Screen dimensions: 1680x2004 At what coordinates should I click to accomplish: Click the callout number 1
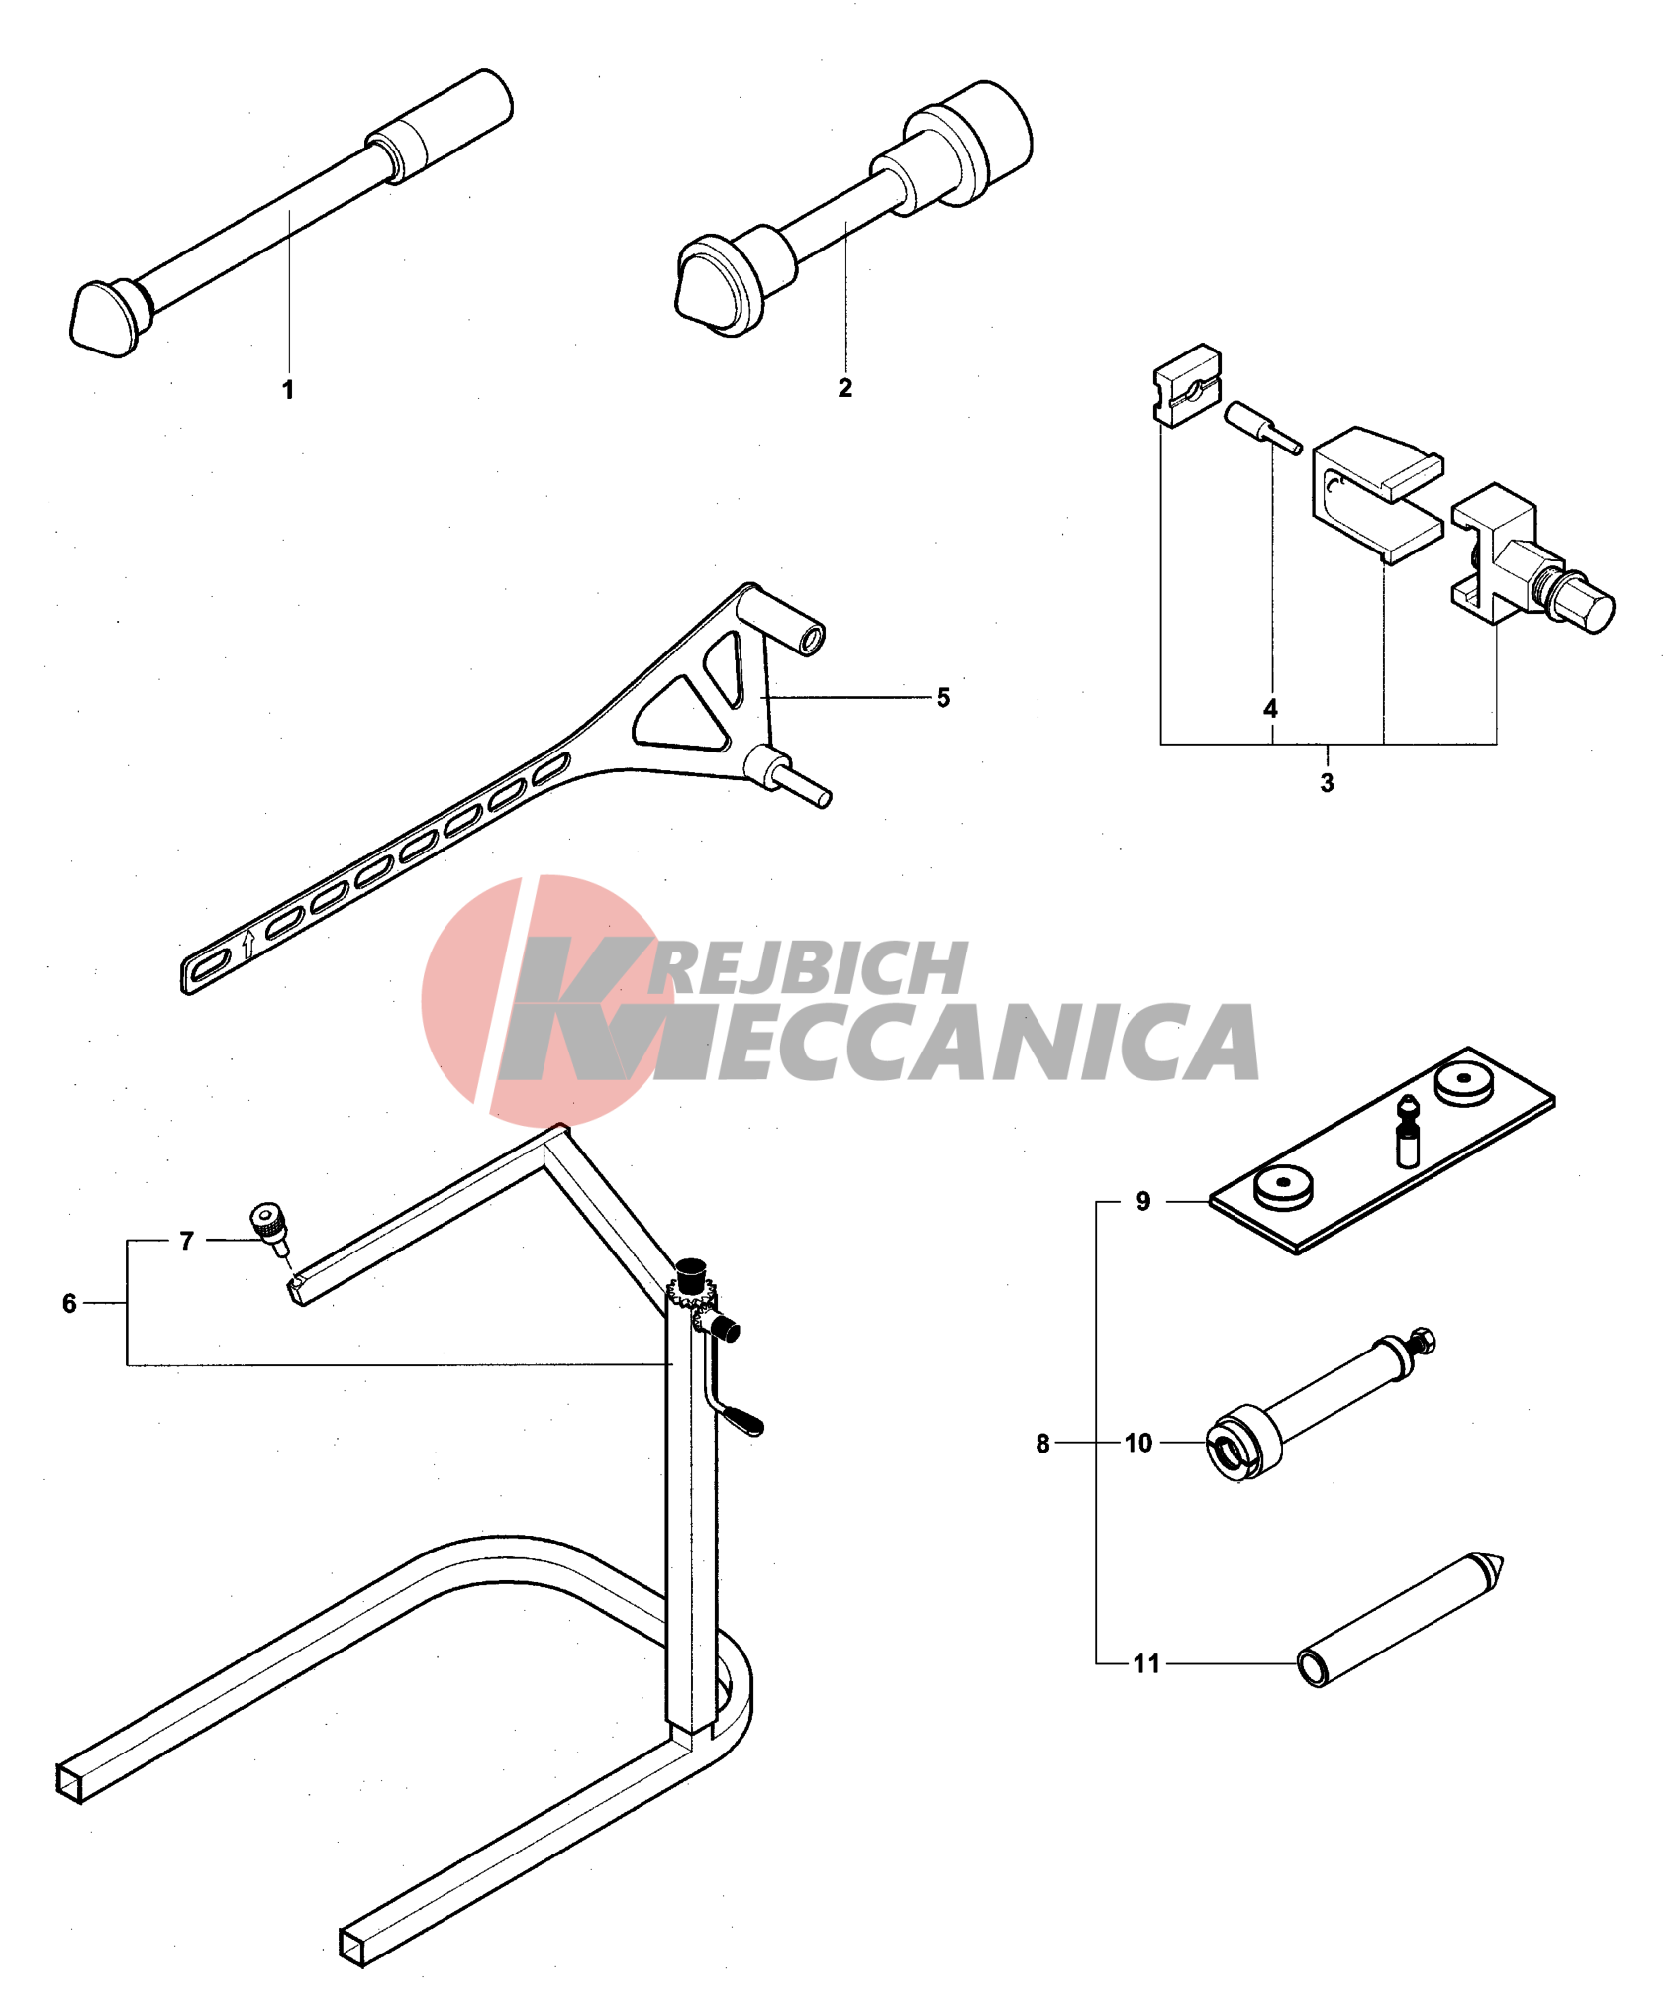pyautogui.click(x=288, y=389)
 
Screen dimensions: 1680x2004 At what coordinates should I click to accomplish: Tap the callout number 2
pyautogui.click(x=844, y=387)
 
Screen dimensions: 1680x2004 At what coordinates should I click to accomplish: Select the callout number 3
pyautogui.click(x=1327, y=782)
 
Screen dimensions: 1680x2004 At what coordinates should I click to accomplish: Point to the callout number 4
pyautogui.click(x=1270, y=708)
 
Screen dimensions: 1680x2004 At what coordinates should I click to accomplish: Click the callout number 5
pyautogui.click(x=943, y=697)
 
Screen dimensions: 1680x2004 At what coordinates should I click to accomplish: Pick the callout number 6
pyautogui.click(x=69, y=1303)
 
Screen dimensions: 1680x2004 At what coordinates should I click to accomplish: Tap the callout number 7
pyautogui.click(x=186, y=1241)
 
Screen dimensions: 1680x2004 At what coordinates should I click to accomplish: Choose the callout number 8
pyautogui.click(x=1042, y=1443)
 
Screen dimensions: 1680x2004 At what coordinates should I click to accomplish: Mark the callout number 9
pyautogui.click(x=1143, y=1201)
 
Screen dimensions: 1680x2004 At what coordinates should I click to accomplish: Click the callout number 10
pyautogui.click(x=1138, y=1443)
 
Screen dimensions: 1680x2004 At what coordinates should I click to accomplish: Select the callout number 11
pyautogui.click(x=1146, y=1663)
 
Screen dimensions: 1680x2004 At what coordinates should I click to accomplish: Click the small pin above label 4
pyautogui.click(x=1263, y=428)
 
